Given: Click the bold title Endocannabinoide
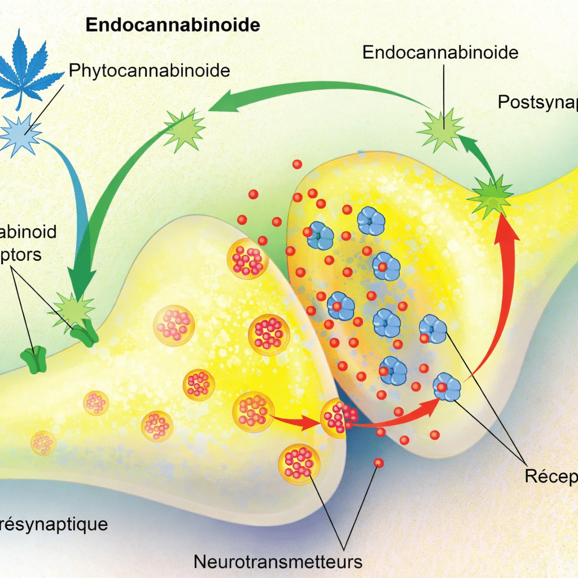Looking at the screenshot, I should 173,25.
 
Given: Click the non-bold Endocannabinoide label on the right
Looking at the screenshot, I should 440,52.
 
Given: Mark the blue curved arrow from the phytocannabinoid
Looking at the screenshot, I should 73,186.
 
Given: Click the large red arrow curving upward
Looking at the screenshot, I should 497,294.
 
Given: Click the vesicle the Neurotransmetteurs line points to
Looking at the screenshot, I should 299,463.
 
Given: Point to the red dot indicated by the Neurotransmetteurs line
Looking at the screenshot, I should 378,463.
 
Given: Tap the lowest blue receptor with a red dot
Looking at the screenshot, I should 447,388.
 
